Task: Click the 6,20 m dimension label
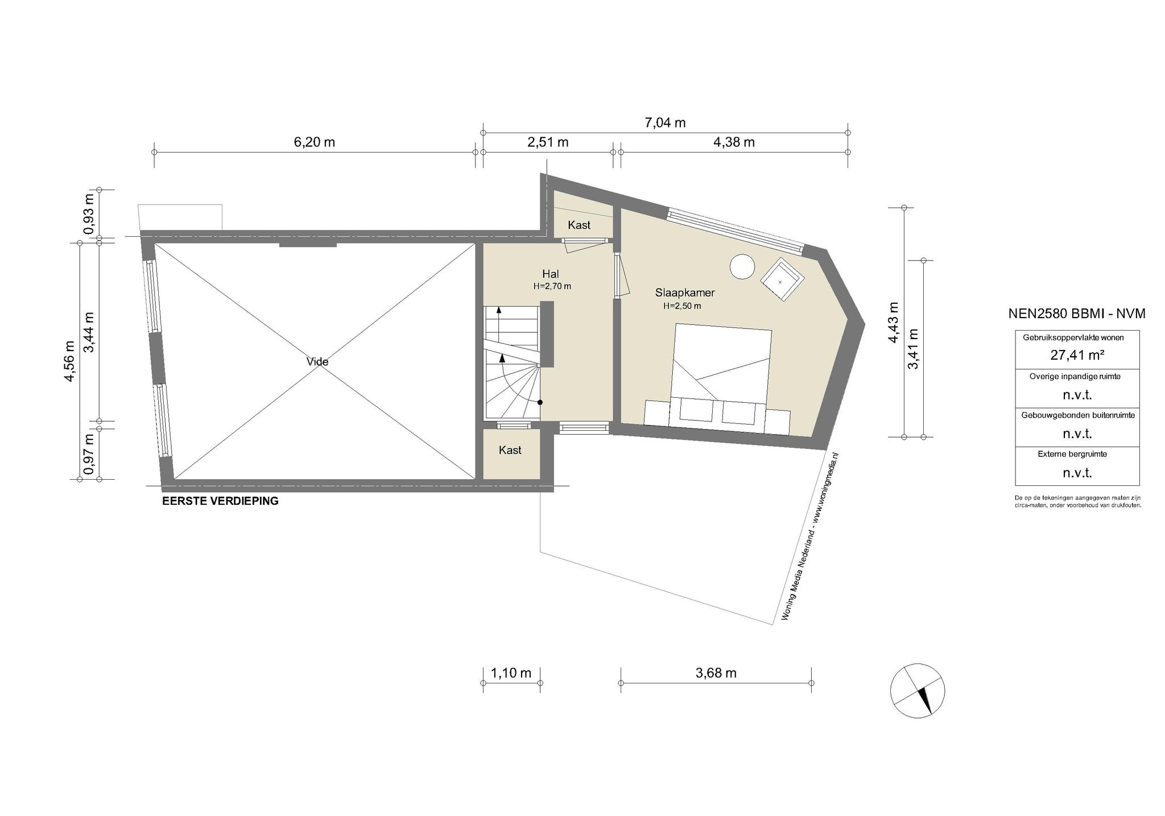pos(314,142)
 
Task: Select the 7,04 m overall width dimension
pos(665,122)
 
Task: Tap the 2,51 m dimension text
pos(548,142)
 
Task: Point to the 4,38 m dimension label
pos(734,142)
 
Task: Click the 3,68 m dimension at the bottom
pos(716,673)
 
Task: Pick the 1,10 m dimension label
pos(511,673)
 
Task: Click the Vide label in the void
pos(317,361)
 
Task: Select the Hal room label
pos(551,274)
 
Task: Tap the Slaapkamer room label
pos(685,293)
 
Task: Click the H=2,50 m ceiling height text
pos(682,306)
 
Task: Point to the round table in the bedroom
pos(742,266)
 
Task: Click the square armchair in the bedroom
pos(783,279)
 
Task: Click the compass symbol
pos(918,690)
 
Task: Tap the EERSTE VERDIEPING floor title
pos(220,501)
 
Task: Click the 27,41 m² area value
pos(1077,355)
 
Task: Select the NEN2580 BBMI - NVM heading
pos(1077,314)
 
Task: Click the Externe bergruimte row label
pos(1077,454)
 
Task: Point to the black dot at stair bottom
pos(540,402)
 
